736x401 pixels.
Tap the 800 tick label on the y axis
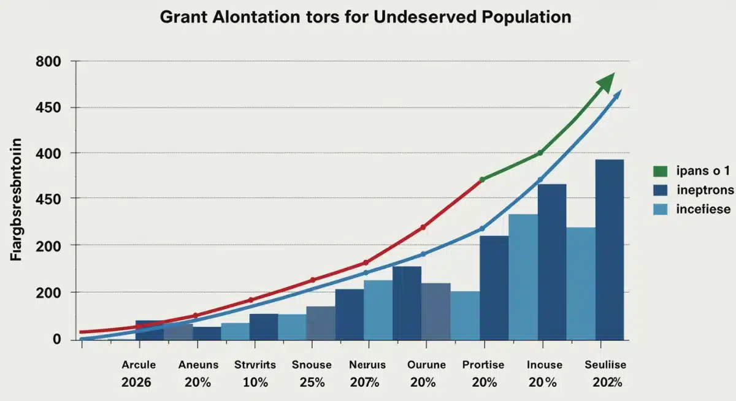point(50,62)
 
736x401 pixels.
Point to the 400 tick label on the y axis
point(50,153)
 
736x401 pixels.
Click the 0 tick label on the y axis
point(56,339)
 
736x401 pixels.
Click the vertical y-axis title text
point(17,200)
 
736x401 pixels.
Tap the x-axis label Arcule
point(139,365)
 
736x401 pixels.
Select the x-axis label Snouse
point(312,365)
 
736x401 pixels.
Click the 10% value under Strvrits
point(255,382)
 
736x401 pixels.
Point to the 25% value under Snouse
point(312,382)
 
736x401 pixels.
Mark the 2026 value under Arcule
point(139,382)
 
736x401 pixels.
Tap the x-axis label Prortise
point(483,365)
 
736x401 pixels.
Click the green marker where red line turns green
point(482,180)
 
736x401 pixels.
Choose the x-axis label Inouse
point(544,365)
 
